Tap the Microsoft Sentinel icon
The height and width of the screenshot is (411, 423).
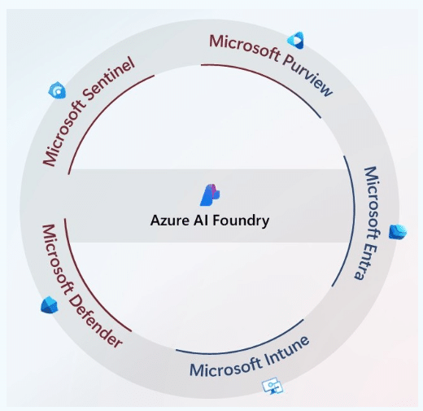coord(57,90)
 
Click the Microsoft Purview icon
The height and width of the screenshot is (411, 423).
coord(295,40)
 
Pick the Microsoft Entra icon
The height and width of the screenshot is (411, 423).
coord(397,232)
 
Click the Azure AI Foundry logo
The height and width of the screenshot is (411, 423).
coord(211,195)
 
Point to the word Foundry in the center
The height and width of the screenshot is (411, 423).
coord(241,220)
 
